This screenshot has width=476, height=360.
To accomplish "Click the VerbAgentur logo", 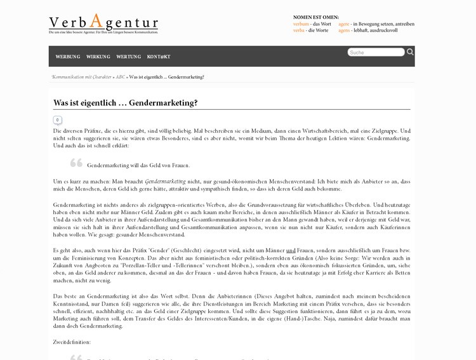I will click(x=103, y=23).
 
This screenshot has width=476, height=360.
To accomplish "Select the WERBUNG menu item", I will click(x=68, y=57).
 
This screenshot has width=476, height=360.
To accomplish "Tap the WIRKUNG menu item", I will click(x=98, y=57).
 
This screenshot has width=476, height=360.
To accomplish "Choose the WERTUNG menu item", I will click(x=129, y=57).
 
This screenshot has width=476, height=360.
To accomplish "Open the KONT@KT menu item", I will click(x=159, y=57).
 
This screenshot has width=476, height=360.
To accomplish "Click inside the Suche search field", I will click(x=376, y=52).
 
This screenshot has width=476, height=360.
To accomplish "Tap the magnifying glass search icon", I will click(x=410, y=52).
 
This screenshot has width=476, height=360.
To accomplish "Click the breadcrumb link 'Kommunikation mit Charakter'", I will click(x=82, y=77).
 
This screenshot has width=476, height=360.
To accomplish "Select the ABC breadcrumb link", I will click(x=121, y=77).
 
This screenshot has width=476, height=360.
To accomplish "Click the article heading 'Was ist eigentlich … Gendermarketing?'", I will click(x=126, y=102).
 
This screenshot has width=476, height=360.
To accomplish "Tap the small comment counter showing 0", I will click(x=57, y=120).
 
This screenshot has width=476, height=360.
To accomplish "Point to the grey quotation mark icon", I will click(x=76, y=163).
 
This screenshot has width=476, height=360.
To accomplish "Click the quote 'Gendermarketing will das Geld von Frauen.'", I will click(x=138, y=165).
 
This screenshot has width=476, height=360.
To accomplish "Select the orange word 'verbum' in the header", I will click(x=300, y=24).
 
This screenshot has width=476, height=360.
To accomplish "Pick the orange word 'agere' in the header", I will click(x=344, y=24).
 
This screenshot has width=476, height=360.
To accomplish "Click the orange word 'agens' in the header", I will click(x=344, y=30).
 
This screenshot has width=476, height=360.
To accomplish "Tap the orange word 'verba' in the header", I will click(x=299, y=30).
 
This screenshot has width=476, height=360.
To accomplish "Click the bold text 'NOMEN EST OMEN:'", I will click(x=316, y=17).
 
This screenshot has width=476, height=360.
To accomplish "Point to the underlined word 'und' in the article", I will click(x=291, y=251).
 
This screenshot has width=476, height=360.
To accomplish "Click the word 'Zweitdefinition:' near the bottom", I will click(x=72, y=342).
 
